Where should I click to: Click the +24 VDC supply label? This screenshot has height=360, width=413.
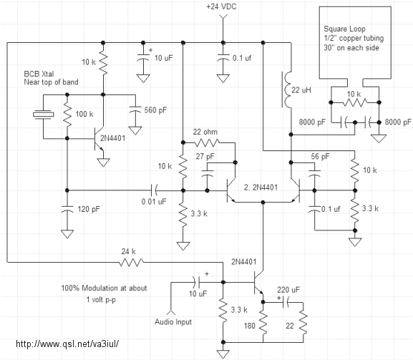pos(221,6)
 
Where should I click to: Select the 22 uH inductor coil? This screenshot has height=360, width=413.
pos(286,89)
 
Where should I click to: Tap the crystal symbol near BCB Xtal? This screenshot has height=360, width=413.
pos(44,115)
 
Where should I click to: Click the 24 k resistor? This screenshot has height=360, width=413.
pos(131,262)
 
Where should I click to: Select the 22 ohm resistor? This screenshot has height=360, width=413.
pos(207,142)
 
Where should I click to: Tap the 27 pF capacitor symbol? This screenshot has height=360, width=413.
pos(208,173)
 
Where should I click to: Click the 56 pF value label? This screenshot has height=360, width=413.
pos(320,157)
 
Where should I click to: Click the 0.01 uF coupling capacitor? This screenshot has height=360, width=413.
pos(155,190)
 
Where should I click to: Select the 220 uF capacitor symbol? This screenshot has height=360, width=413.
pos(286,302)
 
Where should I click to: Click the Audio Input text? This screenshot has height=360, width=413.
pos(173,322)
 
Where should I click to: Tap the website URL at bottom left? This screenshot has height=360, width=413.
pos(67,344)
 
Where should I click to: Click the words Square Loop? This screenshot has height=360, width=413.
pos(344,29)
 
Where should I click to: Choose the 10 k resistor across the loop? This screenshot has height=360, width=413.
pos(355,102)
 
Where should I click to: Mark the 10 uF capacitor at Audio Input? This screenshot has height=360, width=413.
pos(197,282)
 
